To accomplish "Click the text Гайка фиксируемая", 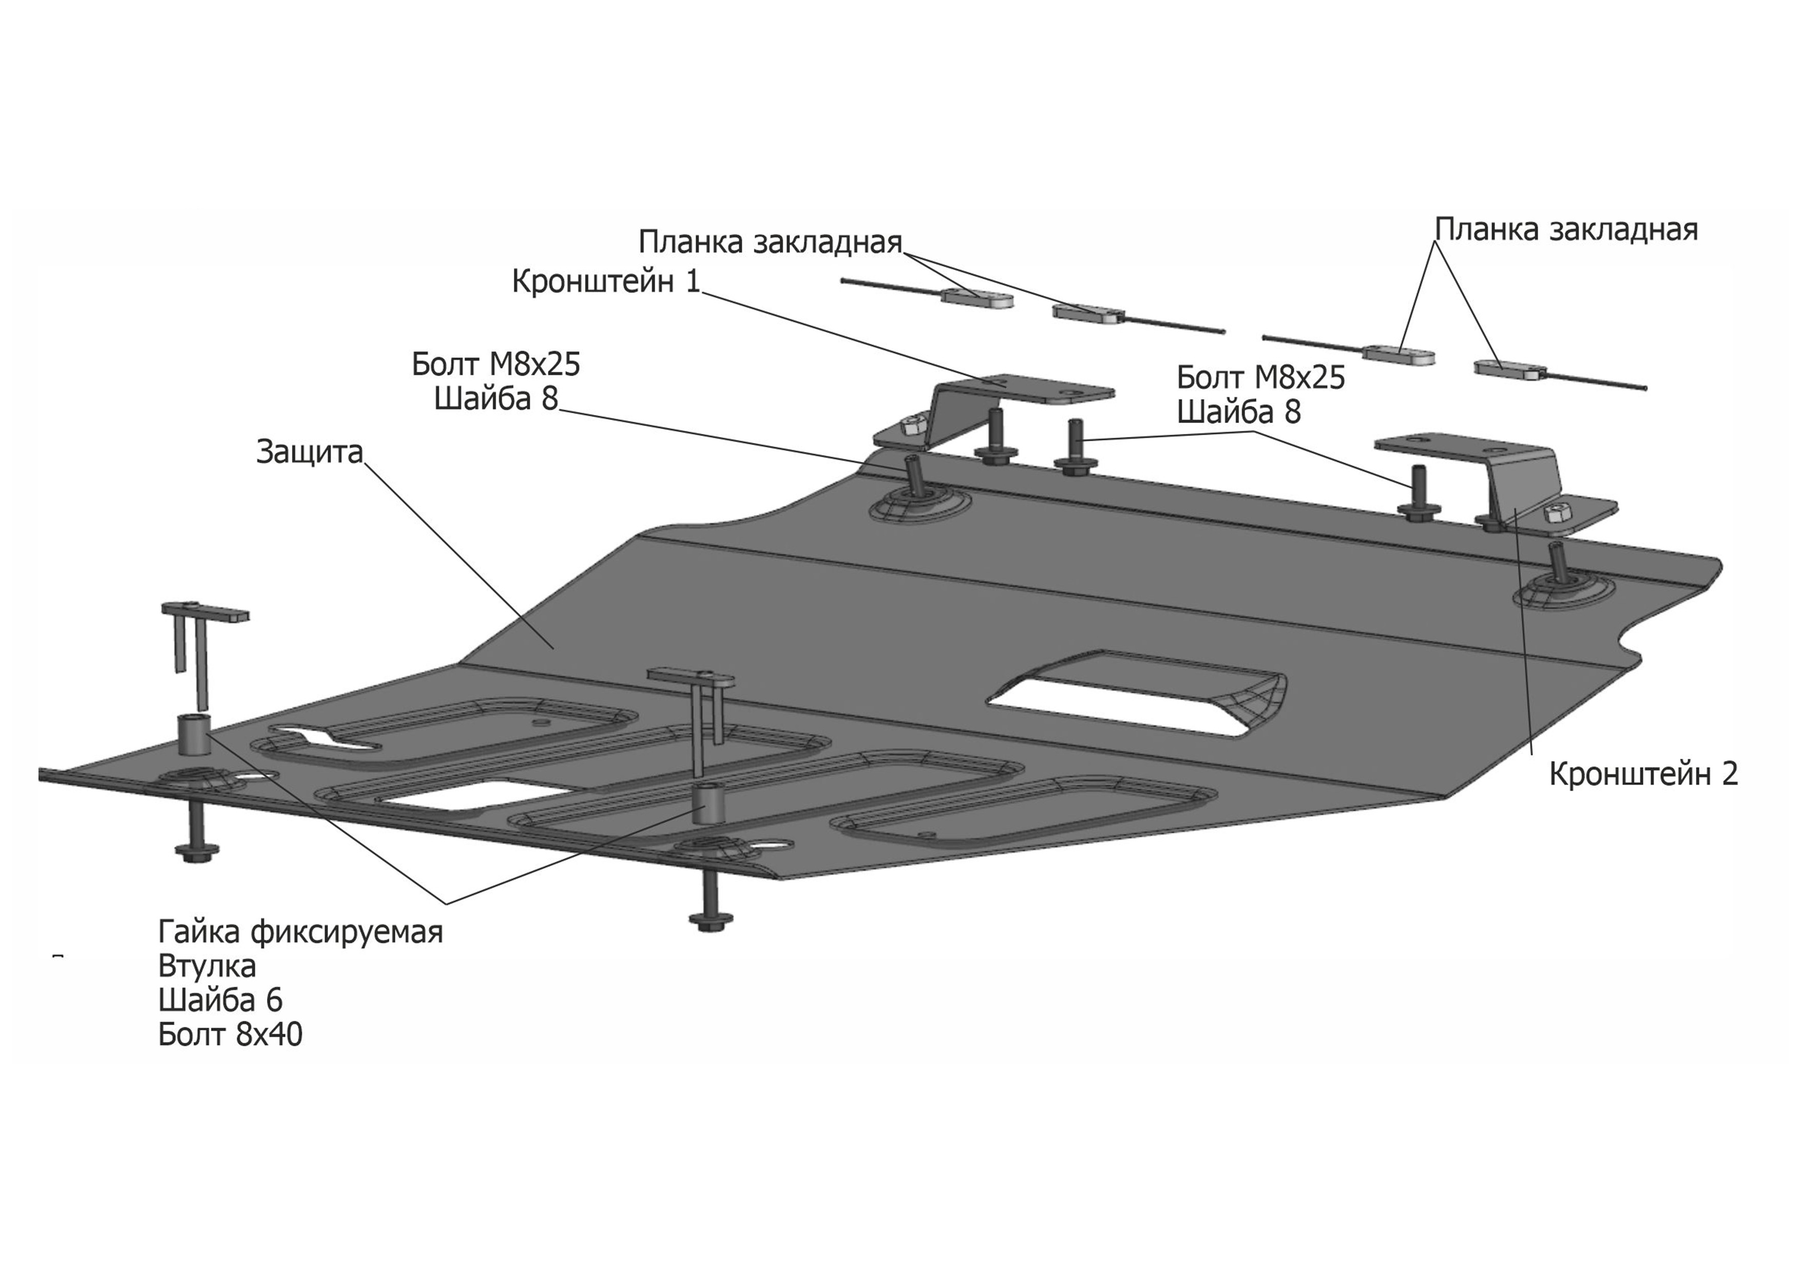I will pyautogui.click(x=300, y=932).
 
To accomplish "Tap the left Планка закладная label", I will pyautogui.click(x=770, y=242).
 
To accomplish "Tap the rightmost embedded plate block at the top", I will pyautogui.click(x=1509, y=369).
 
